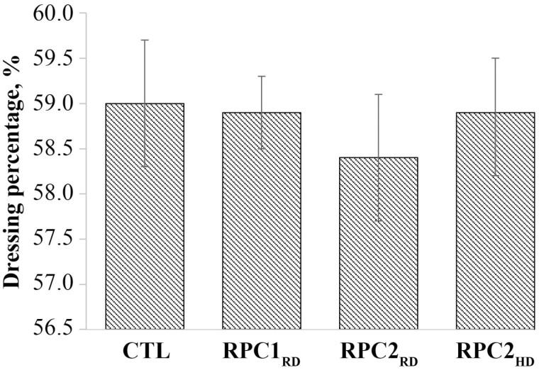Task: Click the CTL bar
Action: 145,216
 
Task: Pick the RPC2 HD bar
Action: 495,220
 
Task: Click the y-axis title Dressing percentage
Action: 12,170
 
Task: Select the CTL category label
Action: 145,352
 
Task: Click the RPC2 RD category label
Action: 378,353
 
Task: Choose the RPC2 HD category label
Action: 495,353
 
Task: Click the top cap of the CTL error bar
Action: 145,40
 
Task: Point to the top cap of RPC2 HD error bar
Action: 495,58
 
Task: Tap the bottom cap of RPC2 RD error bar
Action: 378,221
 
